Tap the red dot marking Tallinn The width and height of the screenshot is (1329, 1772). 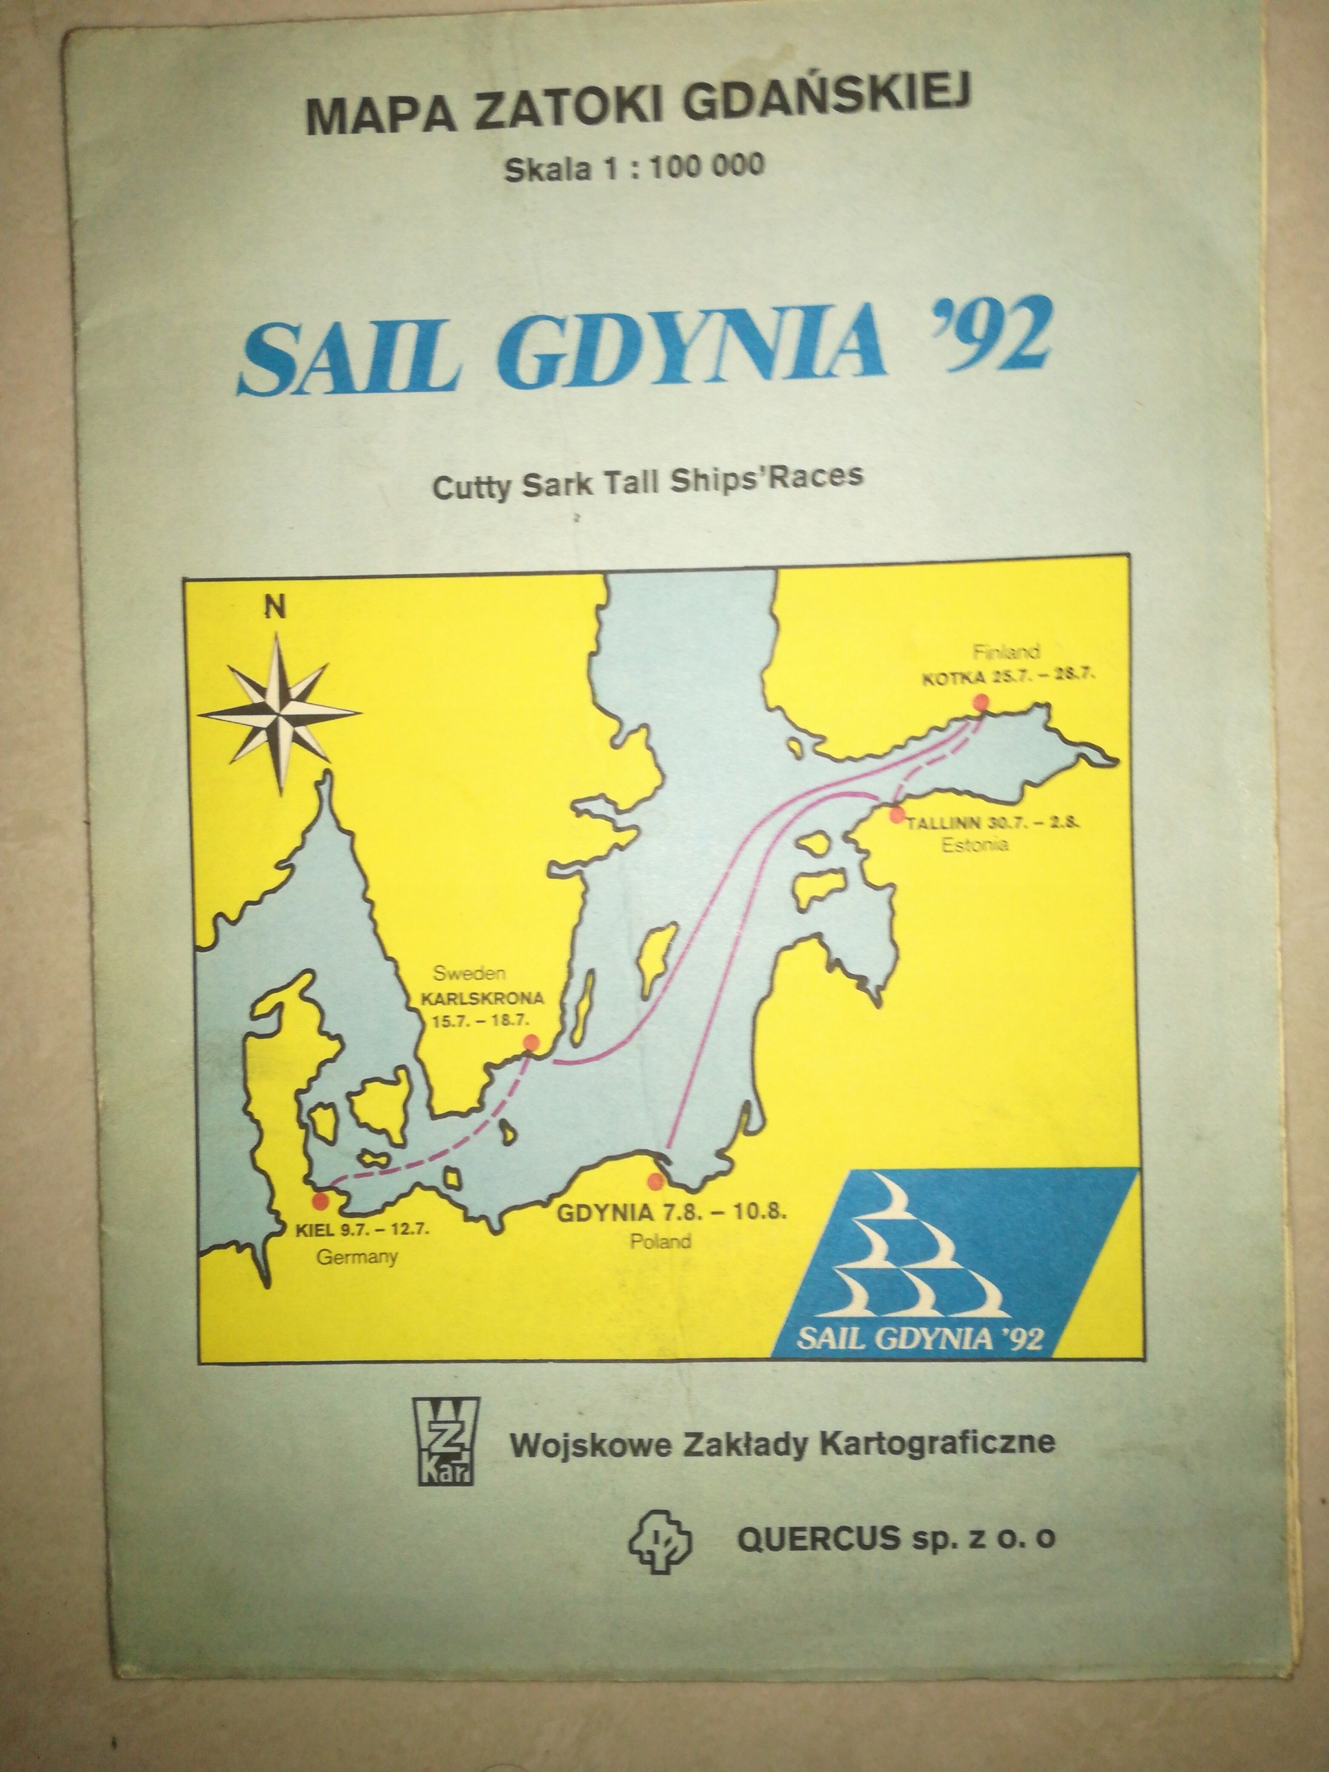click(x=897, y=815)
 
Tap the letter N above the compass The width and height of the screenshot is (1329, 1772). click(x=276, y=608)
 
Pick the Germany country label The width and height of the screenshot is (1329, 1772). click(x=357, y=1256)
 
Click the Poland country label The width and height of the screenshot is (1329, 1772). click(x=659, y=1241)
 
